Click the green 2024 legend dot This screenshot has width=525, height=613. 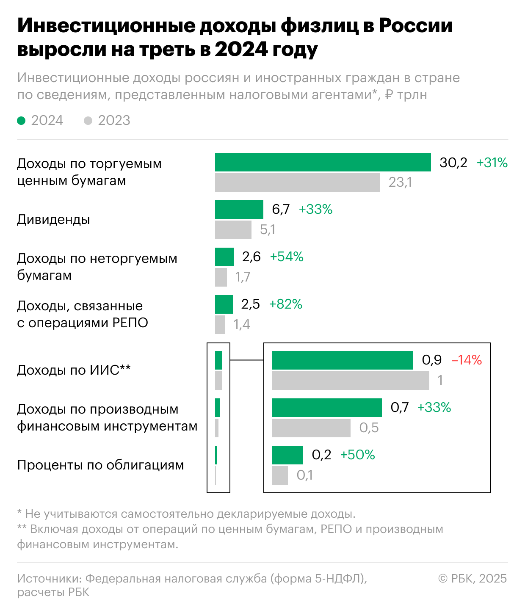(21, 121)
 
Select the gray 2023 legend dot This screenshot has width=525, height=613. (88, 121)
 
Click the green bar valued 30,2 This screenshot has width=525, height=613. (323, 162)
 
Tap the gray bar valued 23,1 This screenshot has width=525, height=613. (297, 182)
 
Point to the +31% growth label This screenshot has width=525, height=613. (492, 163)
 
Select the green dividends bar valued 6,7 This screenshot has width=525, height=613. (239, 210)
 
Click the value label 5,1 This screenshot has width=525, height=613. (268, 230)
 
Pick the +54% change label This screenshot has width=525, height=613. (287, 257)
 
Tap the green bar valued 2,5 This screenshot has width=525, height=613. (224, 304)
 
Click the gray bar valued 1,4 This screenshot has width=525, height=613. (220, 325)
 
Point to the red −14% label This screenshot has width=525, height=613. (467, 360)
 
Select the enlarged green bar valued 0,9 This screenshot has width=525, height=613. (342, 360)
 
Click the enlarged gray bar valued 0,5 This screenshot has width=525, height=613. (311, 428)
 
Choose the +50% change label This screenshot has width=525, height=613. (358, 455)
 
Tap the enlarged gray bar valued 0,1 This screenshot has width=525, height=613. (279, 475)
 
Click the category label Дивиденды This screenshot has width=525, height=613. (53, 220)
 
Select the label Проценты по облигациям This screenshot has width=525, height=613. (100, 465)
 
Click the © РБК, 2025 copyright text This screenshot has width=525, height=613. (472, 579)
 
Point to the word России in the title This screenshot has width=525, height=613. (415, 26)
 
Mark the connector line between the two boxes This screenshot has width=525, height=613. (246, 360)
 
